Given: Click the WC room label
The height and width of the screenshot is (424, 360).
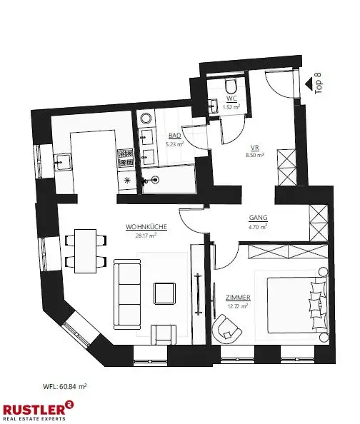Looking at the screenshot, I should [231, 99].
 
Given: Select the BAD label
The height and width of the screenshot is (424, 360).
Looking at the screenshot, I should [174, 135].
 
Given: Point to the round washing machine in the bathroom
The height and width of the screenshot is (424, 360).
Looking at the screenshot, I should [146, 117].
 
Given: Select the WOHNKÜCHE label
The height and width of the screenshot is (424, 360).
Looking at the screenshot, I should [146, 227].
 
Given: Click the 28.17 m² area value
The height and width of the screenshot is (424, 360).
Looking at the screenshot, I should [146, 235].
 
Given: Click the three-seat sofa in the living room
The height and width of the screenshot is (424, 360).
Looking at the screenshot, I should [127, 292].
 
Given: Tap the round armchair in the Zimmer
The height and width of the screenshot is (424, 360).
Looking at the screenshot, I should [226, 328].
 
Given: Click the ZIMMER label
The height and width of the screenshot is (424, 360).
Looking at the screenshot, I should [235, 299].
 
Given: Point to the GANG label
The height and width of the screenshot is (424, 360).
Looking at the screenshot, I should [257, 219].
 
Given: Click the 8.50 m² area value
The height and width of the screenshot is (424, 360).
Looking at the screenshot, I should [255, 154].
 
